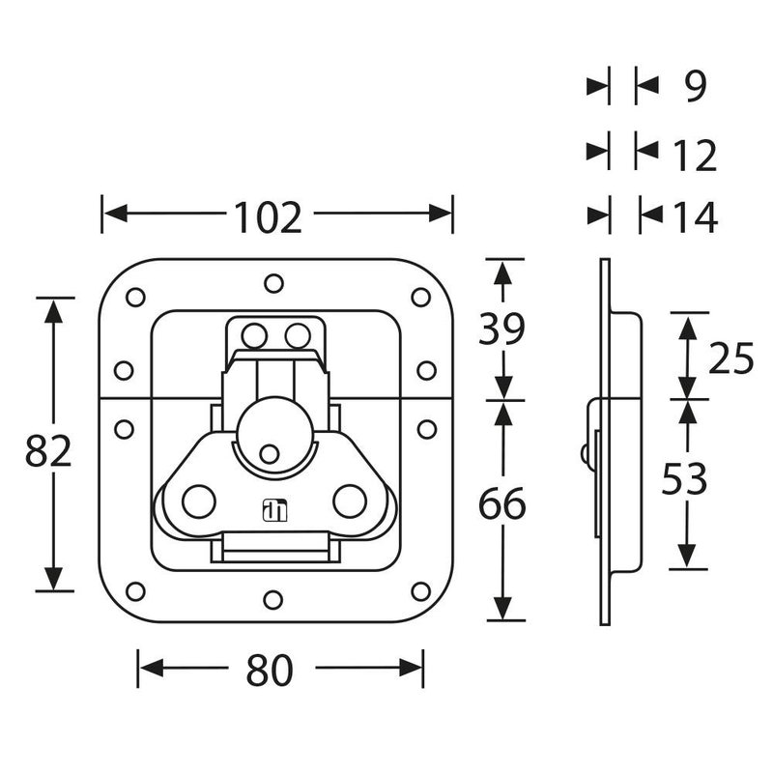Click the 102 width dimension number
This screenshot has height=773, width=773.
(x=267, y=218)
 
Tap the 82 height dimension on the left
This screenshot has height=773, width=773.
(x=48, y=452)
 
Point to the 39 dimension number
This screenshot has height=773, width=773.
(x=501, y=330)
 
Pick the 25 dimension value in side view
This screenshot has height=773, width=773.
(x=730, y=359)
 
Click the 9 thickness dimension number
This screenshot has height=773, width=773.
(x=695, y=88)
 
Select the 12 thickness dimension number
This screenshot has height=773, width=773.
(x=692, y=156)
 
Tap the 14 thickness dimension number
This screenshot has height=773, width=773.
(x=692, y=218)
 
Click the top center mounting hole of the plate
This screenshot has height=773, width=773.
(x=274, y=283)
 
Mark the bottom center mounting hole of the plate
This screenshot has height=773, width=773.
(x=274, y=602)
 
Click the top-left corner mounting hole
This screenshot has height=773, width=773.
(x=135, y=297)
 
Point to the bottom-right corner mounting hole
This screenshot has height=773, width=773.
(x=420, y=590)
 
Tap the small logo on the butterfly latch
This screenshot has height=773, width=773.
(x=272, y=508)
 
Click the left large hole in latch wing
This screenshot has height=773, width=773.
(x=199, y=501)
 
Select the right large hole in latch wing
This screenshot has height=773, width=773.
(x=348, y=501)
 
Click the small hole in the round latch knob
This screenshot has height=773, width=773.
(x=271, y=452)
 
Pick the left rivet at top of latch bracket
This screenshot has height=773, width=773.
(x=254, y=336)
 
